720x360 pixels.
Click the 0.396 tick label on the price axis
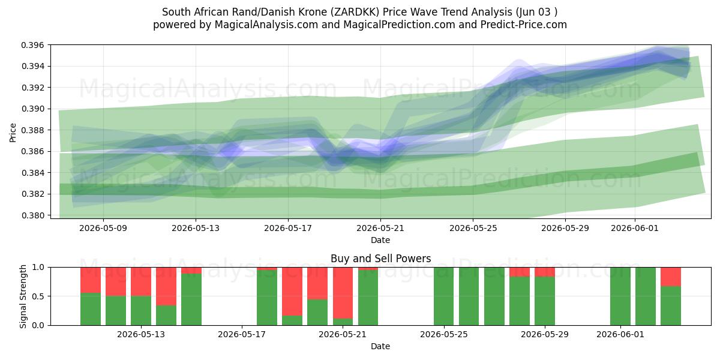pos(32,45)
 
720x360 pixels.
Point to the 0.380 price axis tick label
pos(32,215)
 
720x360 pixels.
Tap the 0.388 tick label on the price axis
pos(32,130)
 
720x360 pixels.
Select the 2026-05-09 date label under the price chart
pos(103,228)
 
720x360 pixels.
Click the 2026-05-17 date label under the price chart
pos(288,228)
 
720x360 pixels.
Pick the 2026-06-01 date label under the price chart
pos(635,228)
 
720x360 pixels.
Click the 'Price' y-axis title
pos(13,133)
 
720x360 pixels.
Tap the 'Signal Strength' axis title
pos(23,296)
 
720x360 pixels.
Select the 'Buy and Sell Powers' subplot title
pos(380,259)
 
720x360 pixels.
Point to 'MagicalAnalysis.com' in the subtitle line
pos(266,25)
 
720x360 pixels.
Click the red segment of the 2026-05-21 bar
pos(343,293)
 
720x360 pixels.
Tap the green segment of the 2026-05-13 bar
pos(141,311)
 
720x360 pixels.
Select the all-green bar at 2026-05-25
pos(443,296)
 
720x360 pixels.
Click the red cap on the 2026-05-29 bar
pos(545,272)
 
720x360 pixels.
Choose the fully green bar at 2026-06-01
pos(620,296)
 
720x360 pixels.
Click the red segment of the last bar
pos(671,277)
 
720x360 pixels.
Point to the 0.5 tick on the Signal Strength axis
pos(38,296)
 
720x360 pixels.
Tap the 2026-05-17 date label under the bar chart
pos(242,335)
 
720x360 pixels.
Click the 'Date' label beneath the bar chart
pos(380,347)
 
